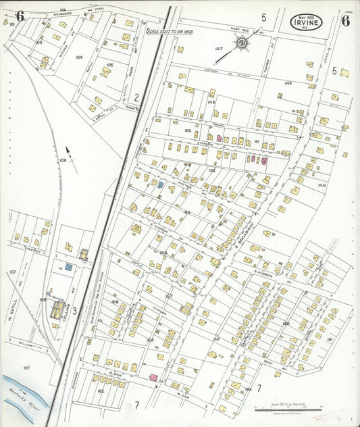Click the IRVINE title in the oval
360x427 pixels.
pyautogui.click(x=306, y=22)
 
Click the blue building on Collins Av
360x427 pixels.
pyautogui.click(x=68, y=268)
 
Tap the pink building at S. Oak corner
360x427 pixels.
pyautogui.click(x=153, y=376)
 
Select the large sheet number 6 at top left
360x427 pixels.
pyautogui.click(x=20, y=16)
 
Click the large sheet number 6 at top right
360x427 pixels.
pyautogui.click(x=345, y=20)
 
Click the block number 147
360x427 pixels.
pyautogui.click(x=218, y=49)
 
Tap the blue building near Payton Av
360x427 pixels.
pyautogui.click(x=161, y=184)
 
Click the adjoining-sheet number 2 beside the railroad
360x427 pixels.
pyautogui.click(x=136, y=97)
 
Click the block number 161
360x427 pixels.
pyautogui.click(x=330, y=338)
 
